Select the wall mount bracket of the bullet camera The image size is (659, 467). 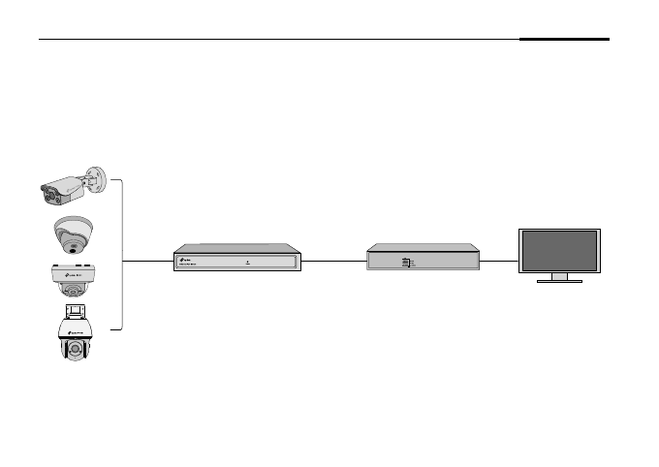95,179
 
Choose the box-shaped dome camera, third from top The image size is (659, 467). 75,278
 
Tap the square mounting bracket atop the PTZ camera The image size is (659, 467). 75,311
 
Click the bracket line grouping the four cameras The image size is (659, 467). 122,255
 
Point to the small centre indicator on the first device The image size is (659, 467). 248,261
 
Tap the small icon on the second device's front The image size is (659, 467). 406,262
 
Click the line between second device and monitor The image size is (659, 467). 500,261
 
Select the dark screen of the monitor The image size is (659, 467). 559,251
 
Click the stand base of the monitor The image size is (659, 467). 559,281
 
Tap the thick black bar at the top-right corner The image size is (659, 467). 564,40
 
